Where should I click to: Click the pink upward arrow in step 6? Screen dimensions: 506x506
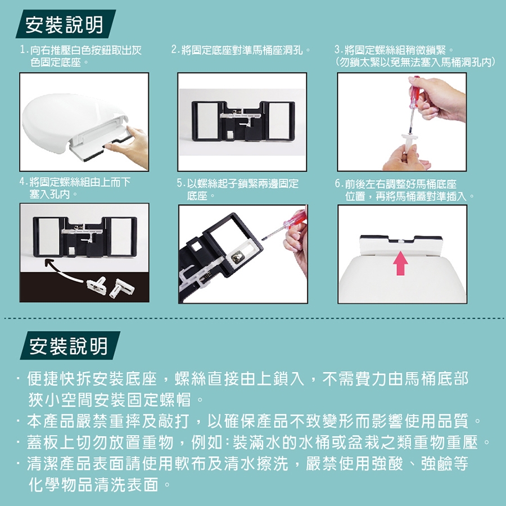point(400,263)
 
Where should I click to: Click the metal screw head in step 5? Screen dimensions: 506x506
point(236,256)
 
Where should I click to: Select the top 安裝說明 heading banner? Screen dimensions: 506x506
point(66,24)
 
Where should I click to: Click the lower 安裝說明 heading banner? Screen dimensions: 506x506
point(70,345)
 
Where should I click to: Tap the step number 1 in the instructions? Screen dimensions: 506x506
point(22,50)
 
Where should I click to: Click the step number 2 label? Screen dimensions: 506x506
point(175,50)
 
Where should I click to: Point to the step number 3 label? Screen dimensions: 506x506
point(338,50)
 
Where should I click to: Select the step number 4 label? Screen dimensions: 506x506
point(22,182)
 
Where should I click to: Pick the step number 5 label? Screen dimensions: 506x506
point(180,184)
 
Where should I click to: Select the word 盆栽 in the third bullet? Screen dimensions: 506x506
point(365,442)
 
